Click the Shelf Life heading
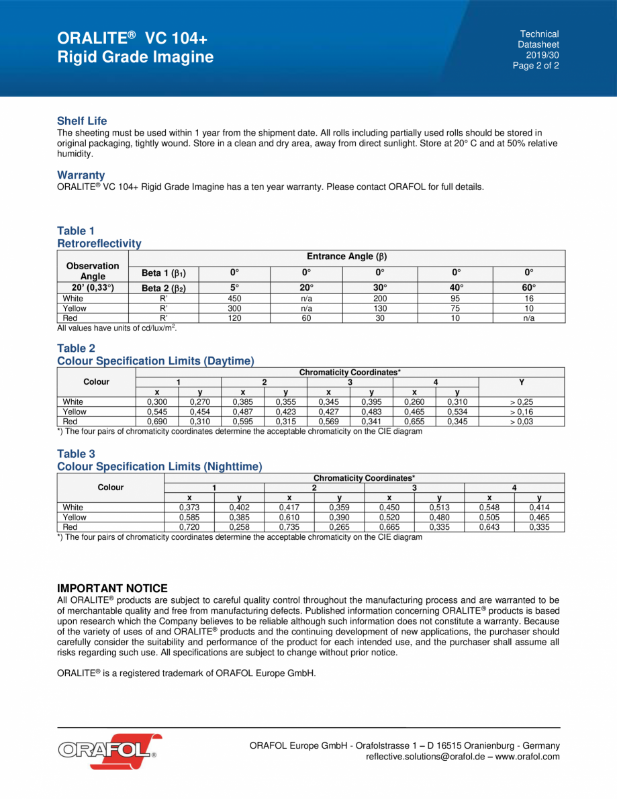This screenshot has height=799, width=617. (82, 122)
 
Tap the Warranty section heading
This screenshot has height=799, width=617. (81, 175)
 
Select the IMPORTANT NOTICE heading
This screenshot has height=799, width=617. (112, 588)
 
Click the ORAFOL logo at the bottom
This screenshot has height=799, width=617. (107, 747)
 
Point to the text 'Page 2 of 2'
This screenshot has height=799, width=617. (536, 66)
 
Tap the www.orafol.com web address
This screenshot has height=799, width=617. (528, 757)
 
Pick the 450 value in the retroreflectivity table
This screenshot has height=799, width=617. (235, 298)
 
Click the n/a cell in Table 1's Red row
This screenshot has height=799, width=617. (529, 318)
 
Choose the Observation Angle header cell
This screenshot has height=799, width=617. (93, 271)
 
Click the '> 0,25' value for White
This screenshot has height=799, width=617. (522, 402)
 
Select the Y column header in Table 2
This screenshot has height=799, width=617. (522, 381)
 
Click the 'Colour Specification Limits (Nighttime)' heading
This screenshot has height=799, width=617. (160, 466)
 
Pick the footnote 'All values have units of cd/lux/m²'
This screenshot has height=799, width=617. (117, 328)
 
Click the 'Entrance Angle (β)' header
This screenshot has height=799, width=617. (346, 256)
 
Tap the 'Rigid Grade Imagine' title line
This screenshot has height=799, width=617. (136, 57)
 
